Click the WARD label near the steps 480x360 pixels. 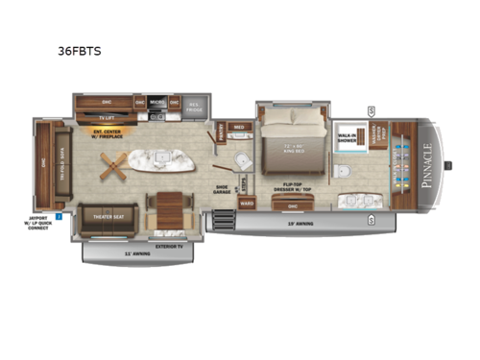(246, 204)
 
